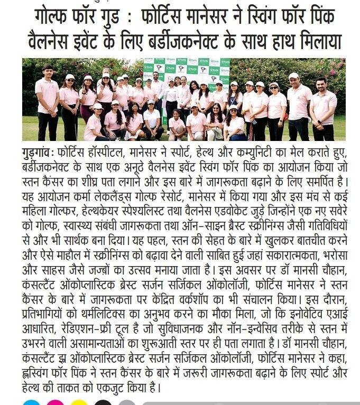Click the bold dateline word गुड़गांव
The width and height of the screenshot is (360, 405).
pos(39,153)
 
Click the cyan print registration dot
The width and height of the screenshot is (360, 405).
pos(32,403)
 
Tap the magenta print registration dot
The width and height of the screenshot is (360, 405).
pos(56,403)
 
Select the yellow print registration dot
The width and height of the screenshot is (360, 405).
pos(79,403)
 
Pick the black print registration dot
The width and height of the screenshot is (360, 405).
pos(103,403)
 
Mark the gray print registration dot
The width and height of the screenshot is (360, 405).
pos(127,403)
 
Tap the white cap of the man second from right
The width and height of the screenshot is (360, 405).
pos(294,76)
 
